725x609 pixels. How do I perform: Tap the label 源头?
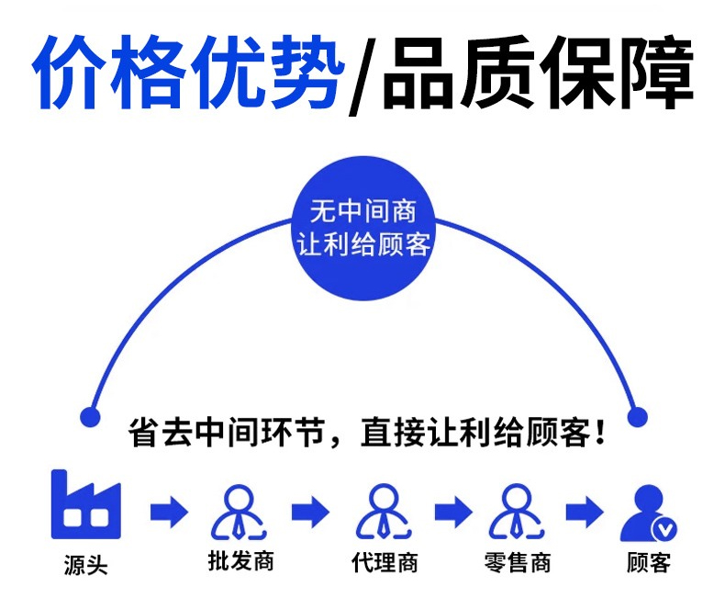(86, 565)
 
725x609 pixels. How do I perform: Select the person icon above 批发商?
(239, 512)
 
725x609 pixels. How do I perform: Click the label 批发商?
(240, 561)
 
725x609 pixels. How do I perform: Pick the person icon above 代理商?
(384, 512)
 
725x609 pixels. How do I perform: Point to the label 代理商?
(385, 562)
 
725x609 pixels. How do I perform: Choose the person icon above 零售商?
(517, 512)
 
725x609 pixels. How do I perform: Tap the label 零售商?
(518, 562)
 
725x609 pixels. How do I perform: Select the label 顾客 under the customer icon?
(649, 563)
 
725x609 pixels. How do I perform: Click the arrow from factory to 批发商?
(169, 512)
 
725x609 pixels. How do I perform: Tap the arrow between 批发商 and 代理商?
(311, 512)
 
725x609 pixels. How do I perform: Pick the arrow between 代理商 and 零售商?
(453, 512)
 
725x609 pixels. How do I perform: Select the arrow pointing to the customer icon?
(585, 512)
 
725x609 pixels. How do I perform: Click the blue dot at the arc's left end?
(90, 417)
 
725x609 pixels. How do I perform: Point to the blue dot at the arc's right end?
(637, 417)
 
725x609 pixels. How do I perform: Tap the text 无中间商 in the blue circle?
(363, 211)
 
